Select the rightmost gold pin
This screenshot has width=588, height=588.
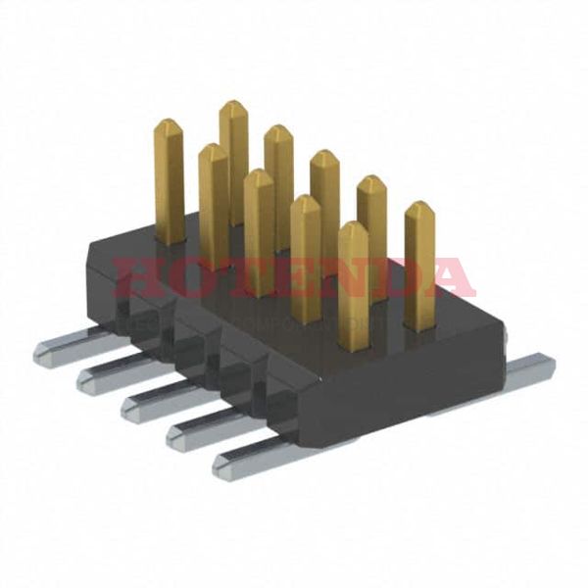pyautogui.click(x=419, y=265)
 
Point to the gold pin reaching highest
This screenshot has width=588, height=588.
pyautogui.click(x=233, y=157)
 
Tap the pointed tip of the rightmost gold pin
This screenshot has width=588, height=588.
pyautogui.click(x=419, y=207)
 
